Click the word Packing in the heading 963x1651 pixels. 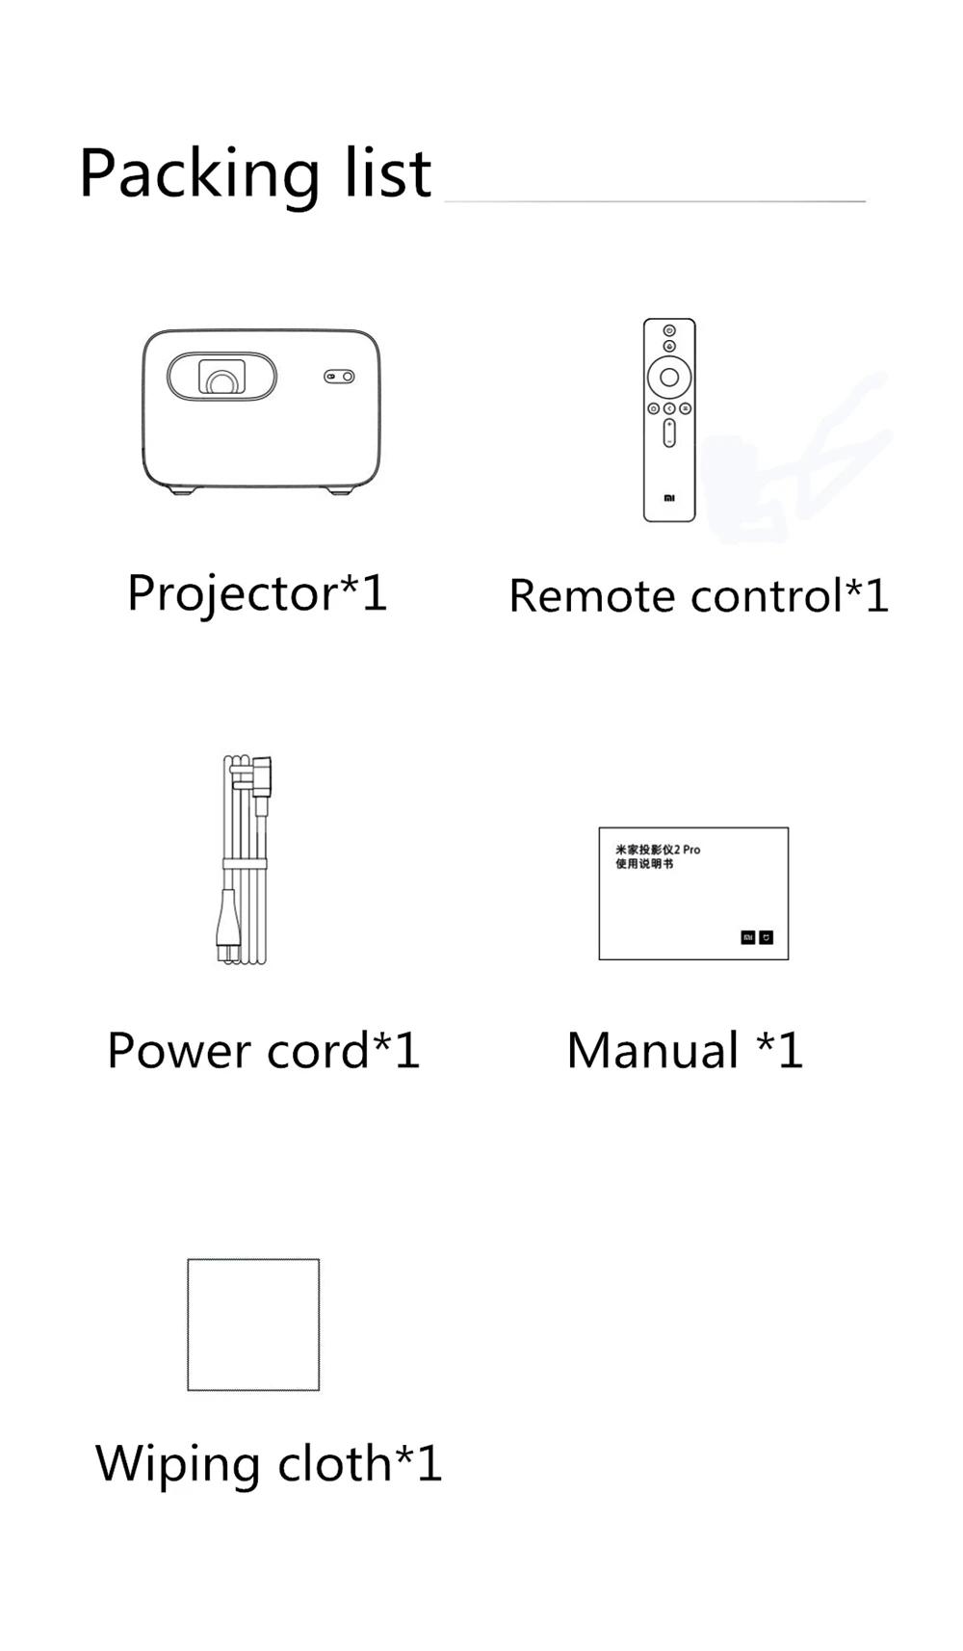pos(198,175)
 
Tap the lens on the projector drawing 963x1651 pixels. pos(221,379)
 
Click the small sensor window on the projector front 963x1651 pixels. pos(338,377)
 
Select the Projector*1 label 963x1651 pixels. pos(257,592)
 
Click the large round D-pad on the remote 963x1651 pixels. pos(669,377)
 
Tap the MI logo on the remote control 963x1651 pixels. pos(669,498)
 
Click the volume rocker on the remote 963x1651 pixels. pos(669,433)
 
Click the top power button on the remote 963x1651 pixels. pos(669,330)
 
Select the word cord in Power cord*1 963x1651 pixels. pos(318,1051)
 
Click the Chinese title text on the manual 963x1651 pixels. pos(657,856)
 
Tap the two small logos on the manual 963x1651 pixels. pos(757,937)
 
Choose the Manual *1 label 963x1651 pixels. pos(685,1051)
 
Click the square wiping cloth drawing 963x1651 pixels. pos(253,1324)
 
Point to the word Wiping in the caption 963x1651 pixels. pos(177,1465)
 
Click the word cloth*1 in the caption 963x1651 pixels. pos(359,1463)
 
